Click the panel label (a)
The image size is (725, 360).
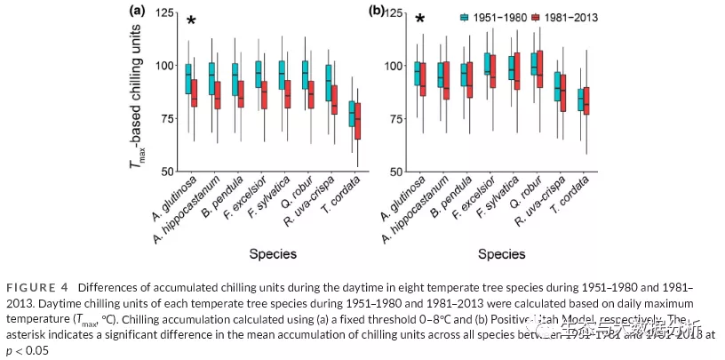coord(137,12)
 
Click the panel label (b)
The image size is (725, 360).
coord(377,12)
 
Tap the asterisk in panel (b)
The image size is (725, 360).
coord(420,20)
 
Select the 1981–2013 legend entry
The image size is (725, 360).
coord(565,17)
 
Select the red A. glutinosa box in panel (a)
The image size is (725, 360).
coord(194,89)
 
